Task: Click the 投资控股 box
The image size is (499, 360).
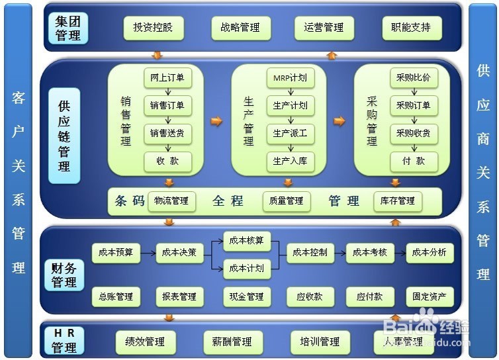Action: (x=153, y=28)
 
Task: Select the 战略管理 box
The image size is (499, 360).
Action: (x=240, y=28)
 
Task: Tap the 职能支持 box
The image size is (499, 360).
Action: (x=411, y=28)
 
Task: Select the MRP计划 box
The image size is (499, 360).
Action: (x=290, y=78)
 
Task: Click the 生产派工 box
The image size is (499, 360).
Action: (x=290, y=134)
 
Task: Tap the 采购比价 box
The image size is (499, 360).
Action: (x=414, y=78)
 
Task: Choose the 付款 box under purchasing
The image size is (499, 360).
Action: (x=414, y=161)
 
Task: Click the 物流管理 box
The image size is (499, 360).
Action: (x=171, y=201)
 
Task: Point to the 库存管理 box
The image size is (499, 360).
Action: (x=398, y=201)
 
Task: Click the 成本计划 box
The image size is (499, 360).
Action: (x=246, y=268)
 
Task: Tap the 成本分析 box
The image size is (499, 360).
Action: (x=429, y=252)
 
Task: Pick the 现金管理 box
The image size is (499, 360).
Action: (x=246, y=297)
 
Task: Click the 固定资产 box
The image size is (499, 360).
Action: (x=429, y=297)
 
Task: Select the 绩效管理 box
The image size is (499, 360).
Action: (x=145, y=342)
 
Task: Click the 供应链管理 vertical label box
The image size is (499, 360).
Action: (x=64, y=136)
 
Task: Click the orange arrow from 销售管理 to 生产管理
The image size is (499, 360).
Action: (x=216, y=121)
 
